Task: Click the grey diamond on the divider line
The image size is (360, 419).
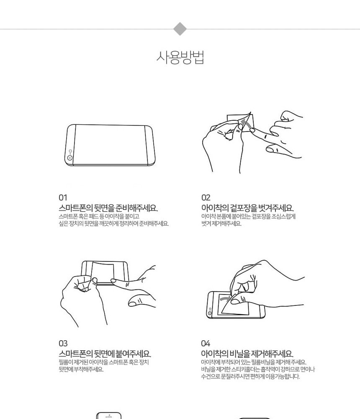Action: (x=180, y=29)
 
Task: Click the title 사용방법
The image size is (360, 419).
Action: (x=180, y=57)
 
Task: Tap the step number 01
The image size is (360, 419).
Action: (x=63, y=198)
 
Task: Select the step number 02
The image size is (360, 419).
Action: (x=206, y=198)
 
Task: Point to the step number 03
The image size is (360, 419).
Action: (x=63, y=344)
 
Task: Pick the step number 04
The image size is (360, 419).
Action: (x=206, y=344)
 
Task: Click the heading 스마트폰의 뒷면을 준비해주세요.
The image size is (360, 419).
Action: (x=108, y=208)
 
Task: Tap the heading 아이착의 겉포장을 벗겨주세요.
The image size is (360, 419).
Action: (x=247, y=208)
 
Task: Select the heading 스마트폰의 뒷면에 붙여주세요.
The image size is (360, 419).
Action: (x=105, y=354)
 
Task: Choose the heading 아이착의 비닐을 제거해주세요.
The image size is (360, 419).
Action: (x=247, y=354)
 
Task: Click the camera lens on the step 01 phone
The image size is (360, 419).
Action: (x=70, y=158)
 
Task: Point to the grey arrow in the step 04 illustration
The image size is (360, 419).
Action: (x=225, y=298)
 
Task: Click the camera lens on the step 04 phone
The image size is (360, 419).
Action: (x=210, y=313)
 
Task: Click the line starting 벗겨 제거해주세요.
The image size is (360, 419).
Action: (x=221, y=223)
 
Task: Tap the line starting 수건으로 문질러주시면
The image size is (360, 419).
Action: (x=250, y=377)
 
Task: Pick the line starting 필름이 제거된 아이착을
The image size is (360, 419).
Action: (x=104, y=362)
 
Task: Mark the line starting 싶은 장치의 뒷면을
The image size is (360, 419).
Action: (x=113, y=223)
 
